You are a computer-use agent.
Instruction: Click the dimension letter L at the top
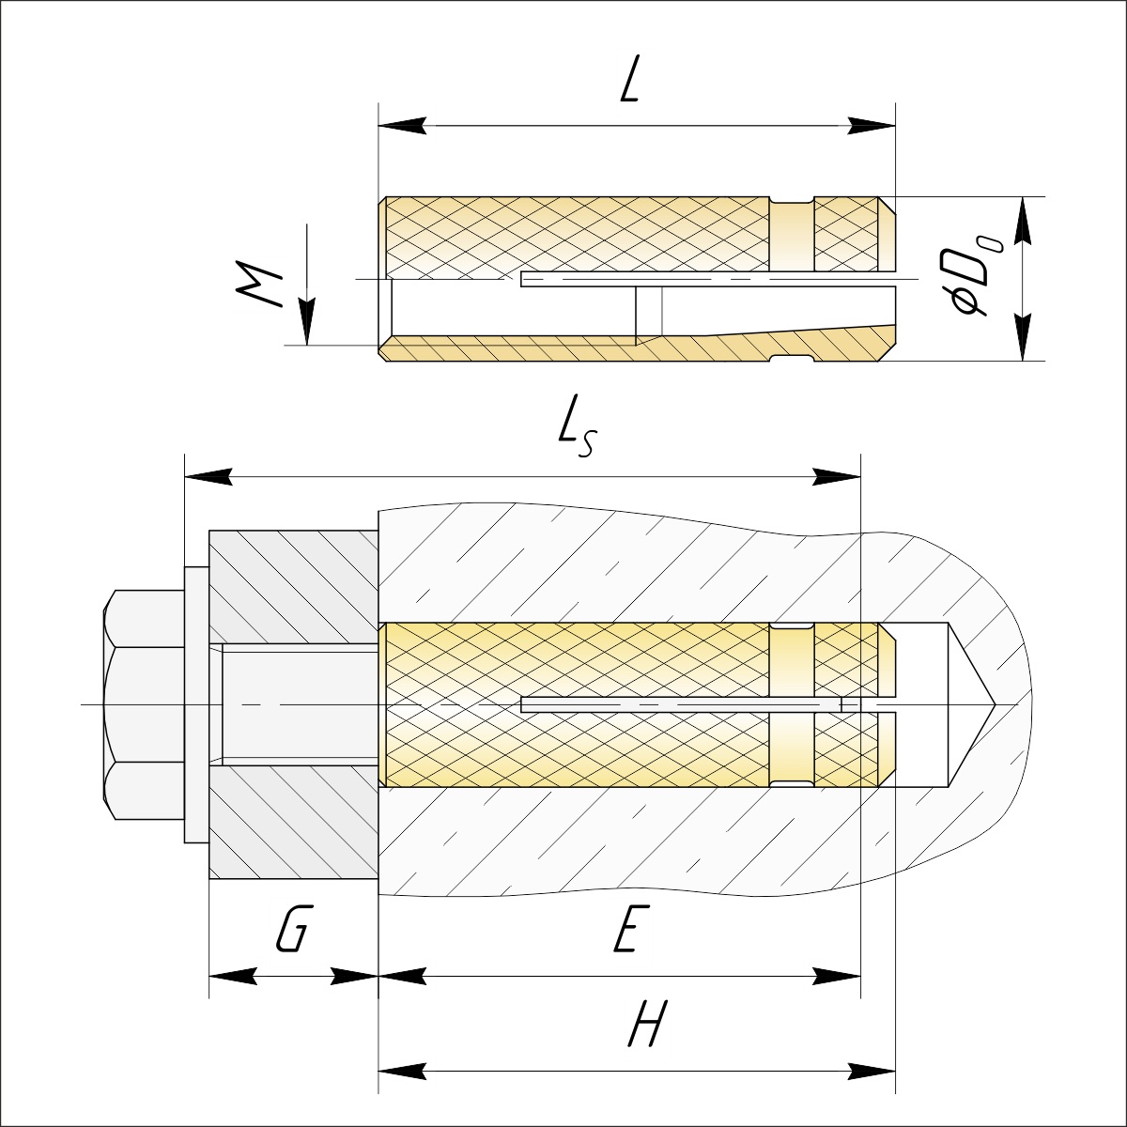click(629, 79)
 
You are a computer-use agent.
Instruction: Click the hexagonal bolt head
click(144, 704)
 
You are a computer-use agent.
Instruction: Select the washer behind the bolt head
click(196, 704)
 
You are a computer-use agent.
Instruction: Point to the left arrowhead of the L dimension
click(402, 125)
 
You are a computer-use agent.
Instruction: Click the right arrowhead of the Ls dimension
click(838, 477)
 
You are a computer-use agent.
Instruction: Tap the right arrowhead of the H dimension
click(872, 1072)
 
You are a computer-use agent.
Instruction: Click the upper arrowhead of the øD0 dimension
click(1023, 221)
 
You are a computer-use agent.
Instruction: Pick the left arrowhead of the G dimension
click(233, 976)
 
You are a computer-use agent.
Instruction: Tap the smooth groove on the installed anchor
click(792, 705)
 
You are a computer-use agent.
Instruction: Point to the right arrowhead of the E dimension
click(838, 976)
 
